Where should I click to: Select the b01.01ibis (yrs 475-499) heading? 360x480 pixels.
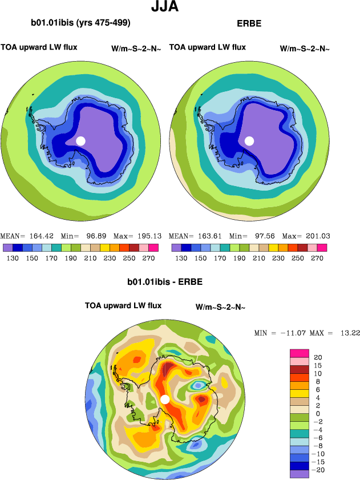coord(80,23)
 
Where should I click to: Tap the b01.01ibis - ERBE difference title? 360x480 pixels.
coord(164,282)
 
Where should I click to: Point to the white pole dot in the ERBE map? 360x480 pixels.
coord(249,141)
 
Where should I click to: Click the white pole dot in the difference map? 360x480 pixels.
coord(165,399)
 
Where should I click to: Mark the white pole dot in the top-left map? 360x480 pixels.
coord(80,141)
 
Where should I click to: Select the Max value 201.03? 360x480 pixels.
coord(317,236)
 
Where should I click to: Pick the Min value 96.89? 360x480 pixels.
coord(95,236)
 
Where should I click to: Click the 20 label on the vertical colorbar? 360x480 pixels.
coord(317,357)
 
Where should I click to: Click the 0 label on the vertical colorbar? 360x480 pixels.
coord(317,413)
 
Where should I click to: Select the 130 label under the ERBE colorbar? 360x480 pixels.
coord(181,258)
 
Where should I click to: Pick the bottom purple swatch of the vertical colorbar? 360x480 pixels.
coord(300,474)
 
